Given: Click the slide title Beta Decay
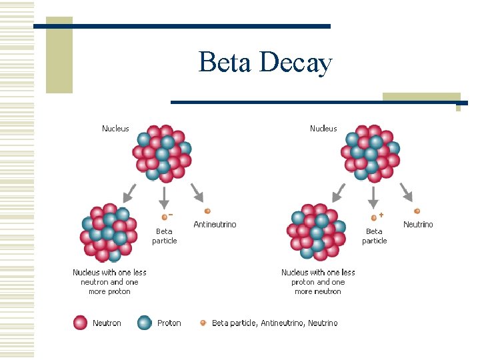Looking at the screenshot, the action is point(265,63).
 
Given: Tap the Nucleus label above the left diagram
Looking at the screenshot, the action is point(115,129).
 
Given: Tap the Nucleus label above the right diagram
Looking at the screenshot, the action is point(323,129).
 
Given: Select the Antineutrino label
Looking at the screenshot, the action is point(215,225).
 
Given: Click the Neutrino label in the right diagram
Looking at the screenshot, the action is point(418,225).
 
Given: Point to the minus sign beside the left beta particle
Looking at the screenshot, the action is point(171,214).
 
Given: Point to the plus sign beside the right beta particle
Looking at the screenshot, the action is point(381,215).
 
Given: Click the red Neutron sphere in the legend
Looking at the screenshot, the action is point(81,323).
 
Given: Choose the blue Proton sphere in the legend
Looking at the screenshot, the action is point(144,323).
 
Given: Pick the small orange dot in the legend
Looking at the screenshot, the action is point(203,323).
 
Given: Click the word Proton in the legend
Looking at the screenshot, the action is point(169,323).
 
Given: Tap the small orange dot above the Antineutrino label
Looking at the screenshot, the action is point(207,211).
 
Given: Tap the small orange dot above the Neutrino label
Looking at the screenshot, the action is point(417,211).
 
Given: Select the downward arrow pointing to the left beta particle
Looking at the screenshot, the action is point(164,196).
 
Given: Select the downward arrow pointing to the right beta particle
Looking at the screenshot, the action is point(374,196).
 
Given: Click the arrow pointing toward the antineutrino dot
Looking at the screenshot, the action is point(197,192).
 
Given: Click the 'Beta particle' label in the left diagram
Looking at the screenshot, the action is point(165,236).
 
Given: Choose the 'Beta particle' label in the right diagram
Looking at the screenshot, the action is point(375,236).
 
